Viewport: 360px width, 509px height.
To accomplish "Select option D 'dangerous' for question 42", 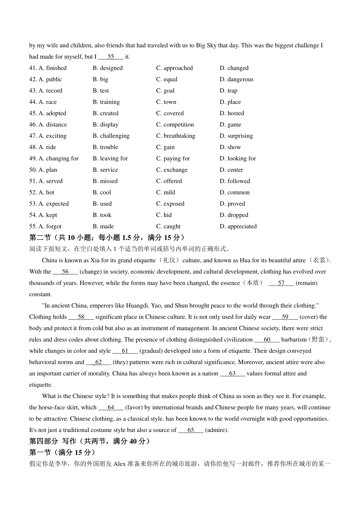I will click(236, 79).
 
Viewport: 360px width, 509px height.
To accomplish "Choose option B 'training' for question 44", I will click(106, 102).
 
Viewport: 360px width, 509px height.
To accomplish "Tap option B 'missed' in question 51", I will click(105, 181).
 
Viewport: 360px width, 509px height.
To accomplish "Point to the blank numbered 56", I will click(65, 272).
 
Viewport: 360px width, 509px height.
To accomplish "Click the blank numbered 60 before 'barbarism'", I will click(267, 340).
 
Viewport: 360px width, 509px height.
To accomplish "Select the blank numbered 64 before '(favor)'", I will click(111, 408).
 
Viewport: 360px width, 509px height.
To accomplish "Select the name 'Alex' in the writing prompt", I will click(119, 464).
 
